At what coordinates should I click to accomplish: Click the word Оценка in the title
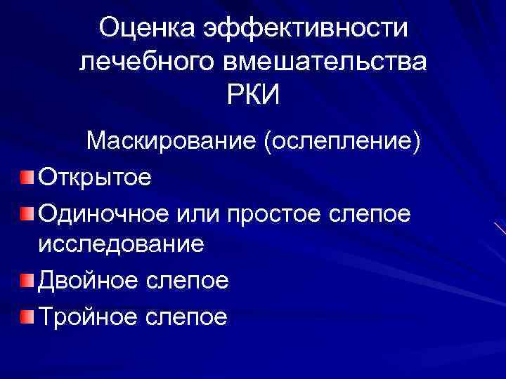(145, 28)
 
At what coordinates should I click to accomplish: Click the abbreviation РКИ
(253, 95)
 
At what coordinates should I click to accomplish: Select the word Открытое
(95, 176)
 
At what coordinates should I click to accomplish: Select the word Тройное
(87, 317)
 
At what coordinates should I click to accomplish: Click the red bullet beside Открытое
(26, 175)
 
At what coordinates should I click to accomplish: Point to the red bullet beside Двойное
(26, 281)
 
